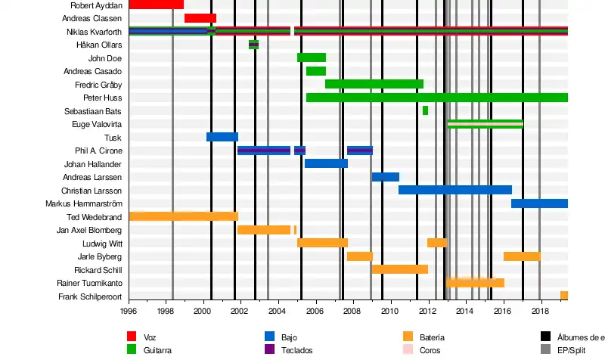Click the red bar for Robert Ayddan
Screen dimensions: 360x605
[156, 5]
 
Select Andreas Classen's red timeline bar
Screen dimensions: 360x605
[200, 18]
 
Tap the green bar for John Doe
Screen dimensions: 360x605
[312, 57]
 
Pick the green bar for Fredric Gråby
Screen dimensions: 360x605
[374, 84]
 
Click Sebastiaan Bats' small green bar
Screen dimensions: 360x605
[425, 110]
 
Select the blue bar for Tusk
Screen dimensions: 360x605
[222, 137]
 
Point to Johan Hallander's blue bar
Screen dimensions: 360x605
[326, 163]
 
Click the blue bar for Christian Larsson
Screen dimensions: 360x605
[455, 190]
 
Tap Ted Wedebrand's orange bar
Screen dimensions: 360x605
[184, 216]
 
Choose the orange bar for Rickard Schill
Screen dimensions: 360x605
[400, 269]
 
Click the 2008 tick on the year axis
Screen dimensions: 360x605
[353, 310]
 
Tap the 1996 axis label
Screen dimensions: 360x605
[129, 310]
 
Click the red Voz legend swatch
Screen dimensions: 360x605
[132, 337]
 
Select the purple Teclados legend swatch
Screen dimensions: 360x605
[269, 350]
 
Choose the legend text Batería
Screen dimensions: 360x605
[431, 337]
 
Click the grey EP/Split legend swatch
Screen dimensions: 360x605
[545, 350]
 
